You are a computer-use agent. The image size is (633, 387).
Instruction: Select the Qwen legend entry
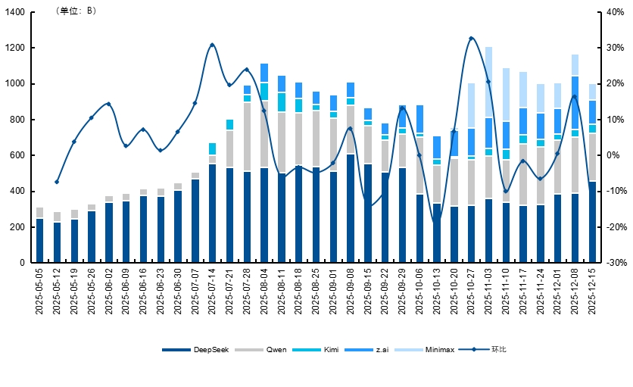(x=269, y=350)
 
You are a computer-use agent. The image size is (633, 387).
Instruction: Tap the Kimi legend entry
(x=323, y=350)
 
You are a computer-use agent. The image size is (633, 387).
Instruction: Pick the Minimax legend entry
(x=431, y=350)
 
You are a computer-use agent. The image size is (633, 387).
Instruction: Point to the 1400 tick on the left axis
(x=16, y=12)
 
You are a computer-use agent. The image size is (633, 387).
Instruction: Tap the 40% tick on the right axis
(x=616, y=12)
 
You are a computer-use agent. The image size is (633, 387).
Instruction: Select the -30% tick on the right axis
(x=616, y=263)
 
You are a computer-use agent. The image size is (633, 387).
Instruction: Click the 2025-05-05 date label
(x=40, y=292)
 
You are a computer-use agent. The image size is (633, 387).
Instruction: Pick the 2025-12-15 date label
(x=592, y=292)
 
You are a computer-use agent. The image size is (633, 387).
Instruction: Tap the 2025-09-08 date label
(x=351, y=292)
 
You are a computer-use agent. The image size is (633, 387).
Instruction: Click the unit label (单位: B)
(x=76, y=11)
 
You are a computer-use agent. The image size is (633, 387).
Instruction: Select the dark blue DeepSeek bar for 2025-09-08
(x=350, y=208)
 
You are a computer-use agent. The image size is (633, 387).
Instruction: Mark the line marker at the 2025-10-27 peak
(x=471, y=38)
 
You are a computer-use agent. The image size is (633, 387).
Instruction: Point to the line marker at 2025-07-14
(x=212, y=45)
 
